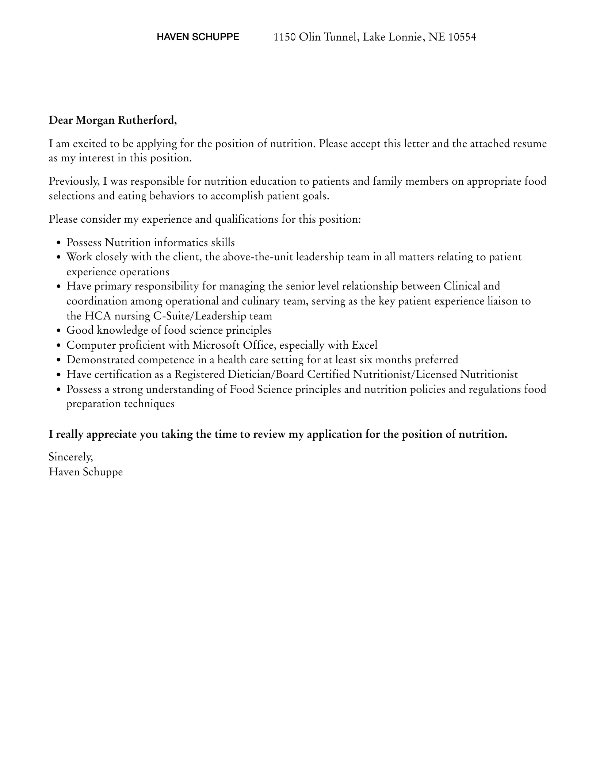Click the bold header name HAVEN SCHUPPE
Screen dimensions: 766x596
tap(198, 37)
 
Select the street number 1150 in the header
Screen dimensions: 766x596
tap(284, 37)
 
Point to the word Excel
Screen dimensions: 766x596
tap(364, 345)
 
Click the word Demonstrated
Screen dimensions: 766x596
tap(100, 360)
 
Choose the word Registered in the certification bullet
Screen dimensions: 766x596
tap(199, 374)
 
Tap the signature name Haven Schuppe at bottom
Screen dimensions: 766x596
tap(86, 472)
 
